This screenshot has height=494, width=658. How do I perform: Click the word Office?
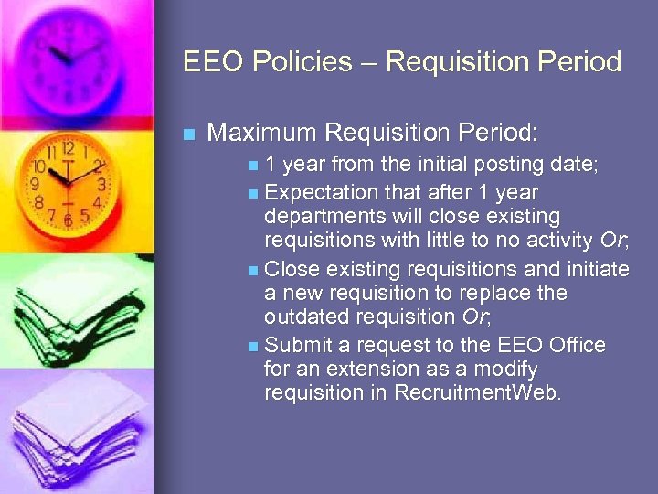[x=578, y=345]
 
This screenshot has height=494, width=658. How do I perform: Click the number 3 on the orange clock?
[x=101, y=184]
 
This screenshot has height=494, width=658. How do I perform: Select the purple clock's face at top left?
[x=69, y=50]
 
